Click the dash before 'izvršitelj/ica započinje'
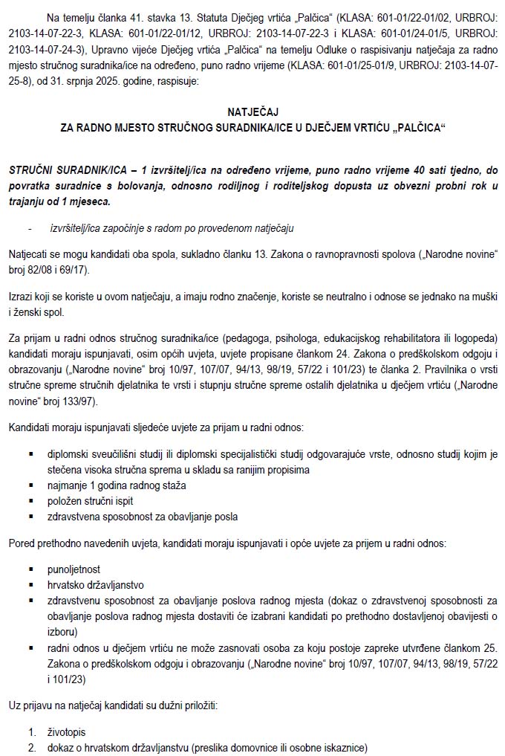click(30, 228)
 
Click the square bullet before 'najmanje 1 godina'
click(31, 485)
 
